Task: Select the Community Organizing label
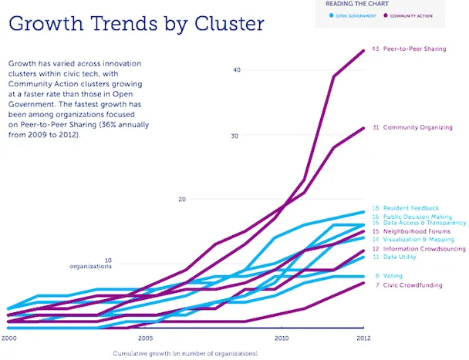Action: coord(417,127)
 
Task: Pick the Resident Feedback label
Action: coord(411,208)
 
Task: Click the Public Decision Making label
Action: coord(417,217)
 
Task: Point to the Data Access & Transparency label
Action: coord(422,223)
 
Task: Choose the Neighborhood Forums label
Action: coord(416,231)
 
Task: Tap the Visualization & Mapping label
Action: coord(417,240)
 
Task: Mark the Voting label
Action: coord(393,276)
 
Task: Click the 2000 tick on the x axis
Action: coord(9,338)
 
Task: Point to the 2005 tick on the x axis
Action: coord(145,338)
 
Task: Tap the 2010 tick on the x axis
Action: coord(282,338)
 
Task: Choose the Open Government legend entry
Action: coord(356,15)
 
